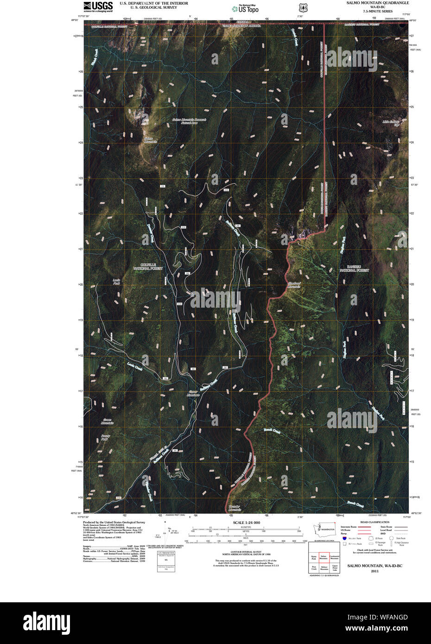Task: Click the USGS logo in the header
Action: tap(98, 6)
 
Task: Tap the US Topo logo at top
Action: tap(245, 8)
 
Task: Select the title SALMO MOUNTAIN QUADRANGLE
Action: tap(378, 3)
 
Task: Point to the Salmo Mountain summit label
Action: tap(150, 140)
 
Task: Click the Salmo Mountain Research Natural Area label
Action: tap(189, 121)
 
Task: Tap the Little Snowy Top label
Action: tap(391, 123)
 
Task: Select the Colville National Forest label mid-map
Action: tap(148, 266)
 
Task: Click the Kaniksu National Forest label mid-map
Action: tap(354, 268)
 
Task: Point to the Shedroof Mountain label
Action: tap(294, 285)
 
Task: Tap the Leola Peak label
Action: tap(116, 281)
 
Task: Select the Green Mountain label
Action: tap(107, 422)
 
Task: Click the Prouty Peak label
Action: tap(104, 437)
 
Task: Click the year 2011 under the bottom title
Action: tap(374, 571)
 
